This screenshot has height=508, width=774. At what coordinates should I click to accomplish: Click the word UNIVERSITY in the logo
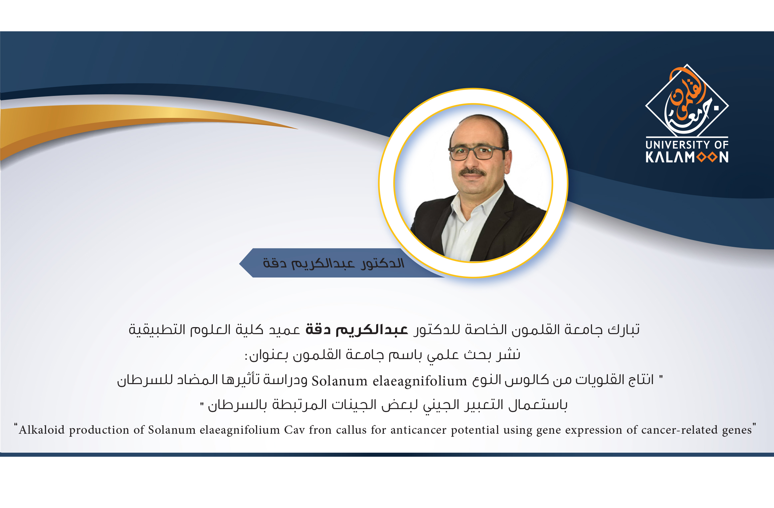point(677,145)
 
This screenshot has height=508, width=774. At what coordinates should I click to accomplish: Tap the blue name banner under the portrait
point(333,263)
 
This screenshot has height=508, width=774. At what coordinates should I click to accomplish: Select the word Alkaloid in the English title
point(42,430)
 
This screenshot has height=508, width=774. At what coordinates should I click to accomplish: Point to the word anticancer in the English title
point(418,430)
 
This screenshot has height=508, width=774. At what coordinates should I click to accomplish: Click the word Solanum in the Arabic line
point(340,381)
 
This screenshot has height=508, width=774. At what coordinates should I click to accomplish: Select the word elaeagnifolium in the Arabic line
point(420,381)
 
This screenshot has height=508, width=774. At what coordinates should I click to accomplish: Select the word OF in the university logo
point(721,145)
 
